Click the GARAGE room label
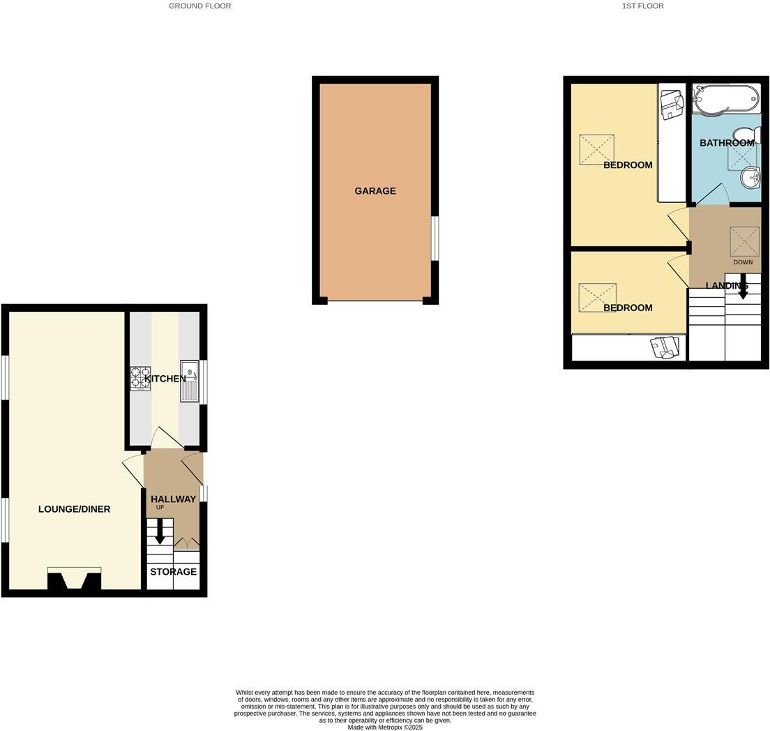(x=375, y=191)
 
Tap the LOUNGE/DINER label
(x=74, y=509)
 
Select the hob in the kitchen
(x=140, y=378)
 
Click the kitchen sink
(x=190, y=381)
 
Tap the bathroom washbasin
(x=750, y=177)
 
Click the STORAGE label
(x=174, y=572)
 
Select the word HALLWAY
(x=173, y=499)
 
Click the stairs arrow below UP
(x=160, y=532)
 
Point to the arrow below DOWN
(x=743, y=286)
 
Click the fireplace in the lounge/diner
(x=74, y=580)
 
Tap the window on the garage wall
(x=435, y=239)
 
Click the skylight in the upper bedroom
(x=596, y=149)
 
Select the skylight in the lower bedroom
(x=597, y=297)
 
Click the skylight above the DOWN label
(x=744, y=241)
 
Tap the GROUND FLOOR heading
(x=199, y=6)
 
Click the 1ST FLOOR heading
(x=642, y=6)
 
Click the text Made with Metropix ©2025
(x=385, y=727)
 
